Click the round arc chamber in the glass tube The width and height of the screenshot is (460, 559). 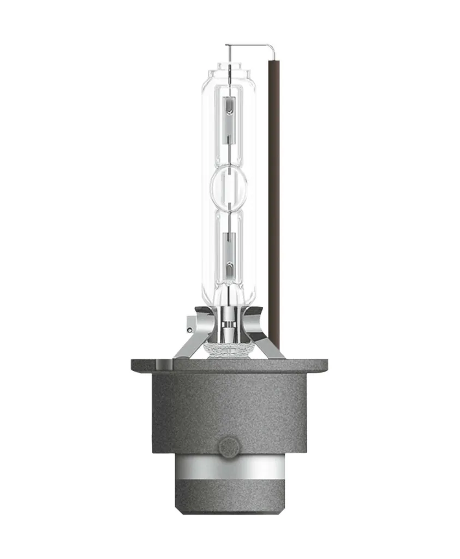click(x=229, y=188)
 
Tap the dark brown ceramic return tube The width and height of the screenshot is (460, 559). click(x=274, y=202)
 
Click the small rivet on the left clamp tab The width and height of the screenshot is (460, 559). click(x=189, y=329)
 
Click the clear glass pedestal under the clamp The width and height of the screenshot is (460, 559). click(x=229, y=349)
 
